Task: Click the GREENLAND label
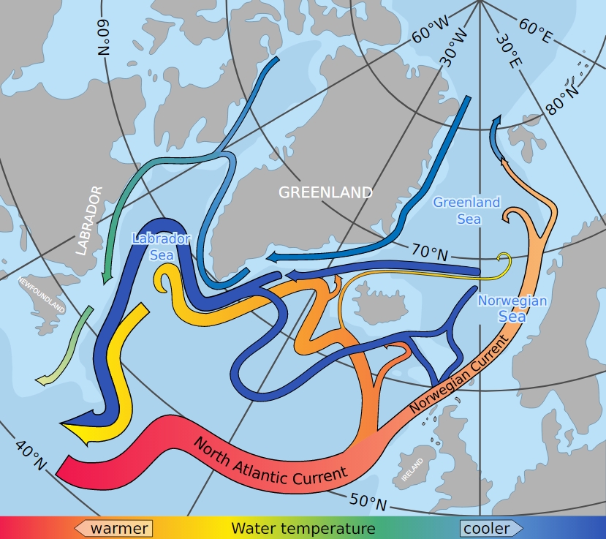[325, 192]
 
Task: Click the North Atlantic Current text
[270, 459]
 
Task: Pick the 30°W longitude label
[455, 45]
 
